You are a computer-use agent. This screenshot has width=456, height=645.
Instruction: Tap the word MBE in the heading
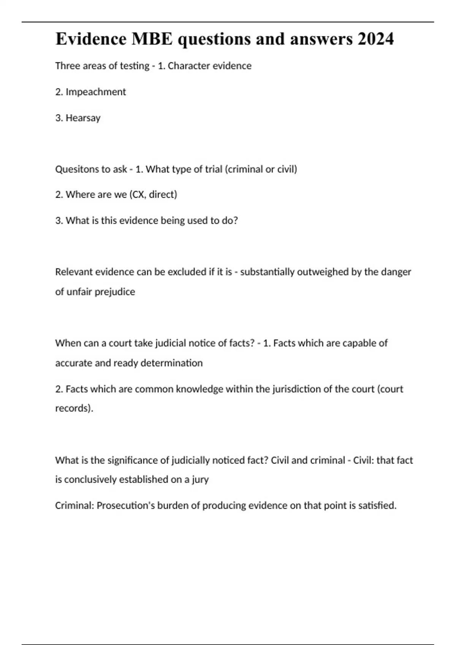click(x=152, y=39)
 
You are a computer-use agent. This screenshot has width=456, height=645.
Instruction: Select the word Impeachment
click(x=96, y=92)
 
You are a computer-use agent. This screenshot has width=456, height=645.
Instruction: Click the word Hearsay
click(x=83, y=118)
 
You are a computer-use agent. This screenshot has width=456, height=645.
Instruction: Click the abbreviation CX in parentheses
click(x=138, y=195)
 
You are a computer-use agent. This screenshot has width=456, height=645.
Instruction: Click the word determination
click(x=171, y=363)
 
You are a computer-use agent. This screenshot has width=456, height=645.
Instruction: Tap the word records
click(x=73, y=408)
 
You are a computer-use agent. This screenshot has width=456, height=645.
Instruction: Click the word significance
click(x=133, y=460)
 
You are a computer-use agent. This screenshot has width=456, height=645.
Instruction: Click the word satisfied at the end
click(x=377, y=506)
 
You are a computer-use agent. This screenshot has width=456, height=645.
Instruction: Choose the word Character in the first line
click(x=188, y=66)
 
